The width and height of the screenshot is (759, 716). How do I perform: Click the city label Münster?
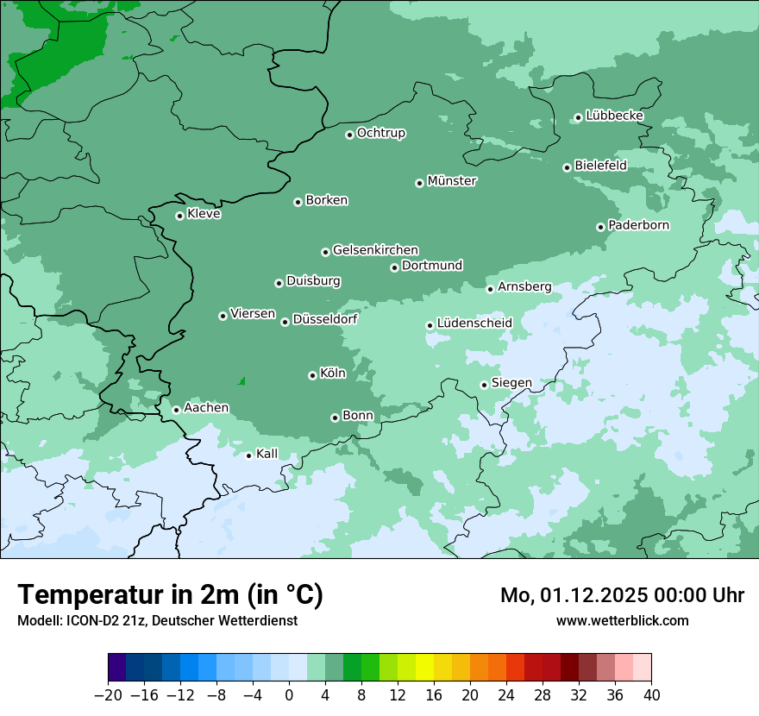[x=452, y=181]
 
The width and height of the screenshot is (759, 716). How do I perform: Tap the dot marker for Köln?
[x=312, y=375]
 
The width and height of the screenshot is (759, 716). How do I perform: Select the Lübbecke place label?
[x=614, y=116]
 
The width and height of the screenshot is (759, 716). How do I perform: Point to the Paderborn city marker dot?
[x=600, y=227]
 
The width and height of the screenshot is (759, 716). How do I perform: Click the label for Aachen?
[x=206, y=408]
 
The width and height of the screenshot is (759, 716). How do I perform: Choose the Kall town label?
[x=267, y=454]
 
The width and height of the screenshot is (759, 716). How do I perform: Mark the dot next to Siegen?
[x=484, y=385]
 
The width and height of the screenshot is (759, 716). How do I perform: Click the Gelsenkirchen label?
[x=375, y=250]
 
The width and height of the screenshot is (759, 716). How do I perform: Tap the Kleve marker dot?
[x=179, y=216]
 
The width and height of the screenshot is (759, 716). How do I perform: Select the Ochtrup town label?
[x=380, y=133]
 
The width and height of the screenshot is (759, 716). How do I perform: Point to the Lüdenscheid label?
[x=474, y=323]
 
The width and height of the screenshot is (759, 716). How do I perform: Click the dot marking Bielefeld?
[x=567, y=167]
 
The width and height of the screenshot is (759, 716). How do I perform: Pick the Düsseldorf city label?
[x=324, y=320]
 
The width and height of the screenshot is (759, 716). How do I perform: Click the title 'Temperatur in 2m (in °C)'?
[x=170, y=594]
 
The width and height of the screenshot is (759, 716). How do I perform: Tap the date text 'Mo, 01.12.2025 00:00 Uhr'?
[x=622, y=595]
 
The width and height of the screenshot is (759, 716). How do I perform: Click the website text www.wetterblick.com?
[x=622, y=620]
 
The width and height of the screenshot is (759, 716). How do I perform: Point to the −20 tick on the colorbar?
[x=109, y=695]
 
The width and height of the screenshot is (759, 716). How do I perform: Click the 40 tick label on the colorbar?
[x=651, y=695]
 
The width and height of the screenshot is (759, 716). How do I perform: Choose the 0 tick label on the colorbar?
[x=289, y=695]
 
